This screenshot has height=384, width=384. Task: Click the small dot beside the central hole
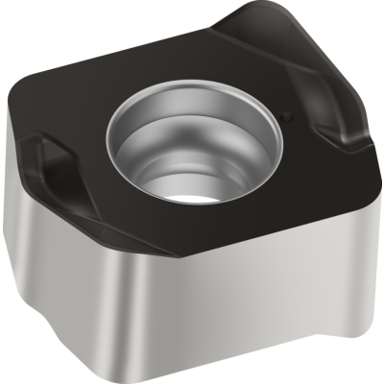pos(287,120)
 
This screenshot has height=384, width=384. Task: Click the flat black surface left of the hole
pos(72,115)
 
